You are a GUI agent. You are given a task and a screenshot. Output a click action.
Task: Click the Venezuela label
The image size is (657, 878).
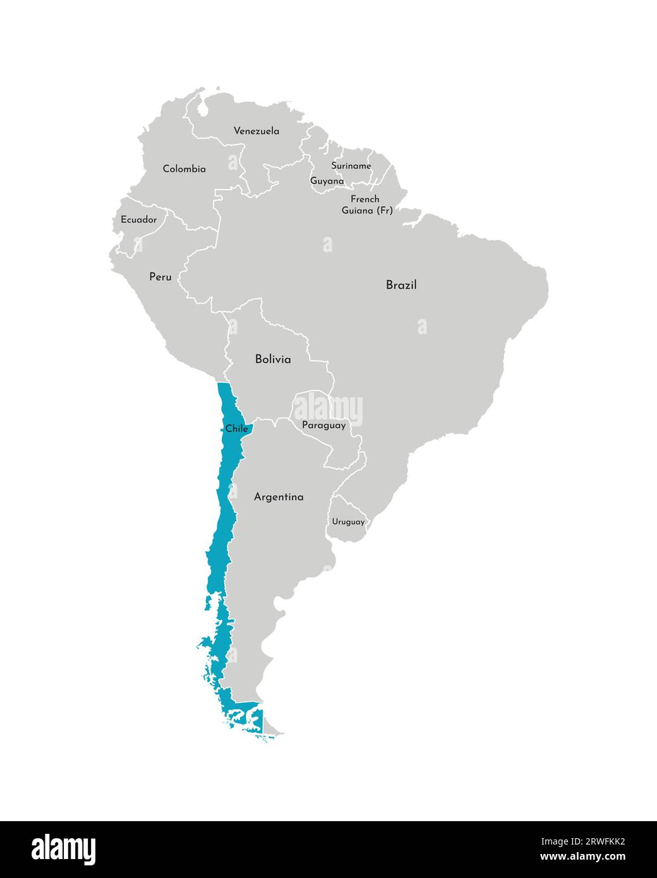point(256,131)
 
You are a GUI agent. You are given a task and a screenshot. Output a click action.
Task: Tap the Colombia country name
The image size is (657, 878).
point(184,169)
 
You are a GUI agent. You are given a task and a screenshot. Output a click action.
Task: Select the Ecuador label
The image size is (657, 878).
point(138,220)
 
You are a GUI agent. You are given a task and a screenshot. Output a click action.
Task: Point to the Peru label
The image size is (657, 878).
point(160,277)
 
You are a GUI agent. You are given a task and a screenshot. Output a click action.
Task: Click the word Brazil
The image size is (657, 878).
point(401,285)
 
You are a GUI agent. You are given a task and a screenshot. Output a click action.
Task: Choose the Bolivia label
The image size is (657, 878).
point(273,359)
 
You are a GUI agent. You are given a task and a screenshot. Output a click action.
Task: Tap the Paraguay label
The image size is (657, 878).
point(323,425)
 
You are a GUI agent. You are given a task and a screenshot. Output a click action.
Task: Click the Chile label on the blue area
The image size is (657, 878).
point(236,428)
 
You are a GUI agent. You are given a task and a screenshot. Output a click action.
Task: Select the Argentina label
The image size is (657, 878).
point(279,497)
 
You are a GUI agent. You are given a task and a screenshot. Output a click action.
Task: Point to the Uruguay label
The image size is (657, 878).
point(348,522)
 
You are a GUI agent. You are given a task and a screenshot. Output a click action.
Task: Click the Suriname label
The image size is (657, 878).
point(351,165)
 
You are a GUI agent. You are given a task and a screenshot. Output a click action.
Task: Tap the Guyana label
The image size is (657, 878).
point(327,181)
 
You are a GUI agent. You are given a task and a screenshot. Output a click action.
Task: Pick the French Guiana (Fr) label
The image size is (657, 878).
point(366,205)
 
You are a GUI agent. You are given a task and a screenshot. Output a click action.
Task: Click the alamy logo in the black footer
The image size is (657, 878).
point(64,850)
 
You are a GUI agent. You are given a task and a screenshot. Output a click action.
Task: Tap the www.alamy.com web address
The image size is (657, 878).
point(582,857)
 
